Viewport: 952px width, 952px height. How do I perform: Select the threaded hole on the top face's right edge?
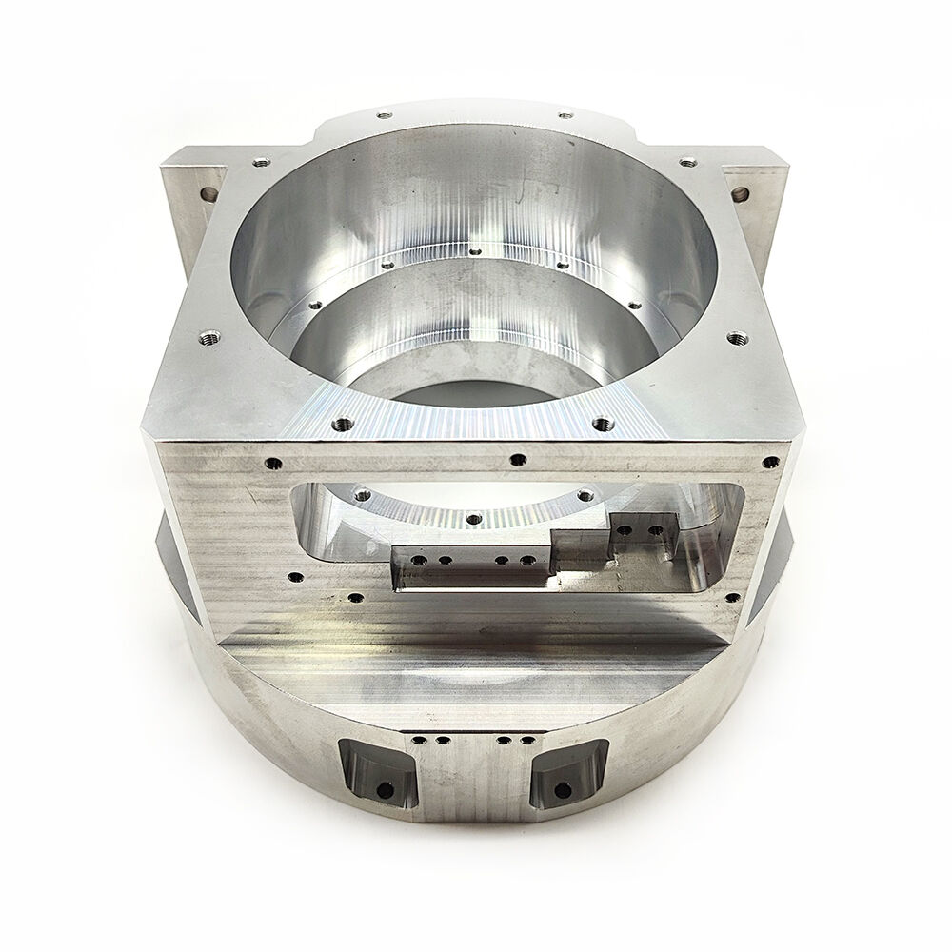(733, 336)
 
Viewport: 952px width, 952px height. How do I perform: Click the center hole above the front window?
(515, 460)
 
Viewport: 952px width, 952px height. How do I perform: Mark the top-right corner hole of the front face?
(769, 464)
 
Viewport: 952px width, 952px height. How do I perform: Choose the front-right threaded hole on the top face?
(600, 421)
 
